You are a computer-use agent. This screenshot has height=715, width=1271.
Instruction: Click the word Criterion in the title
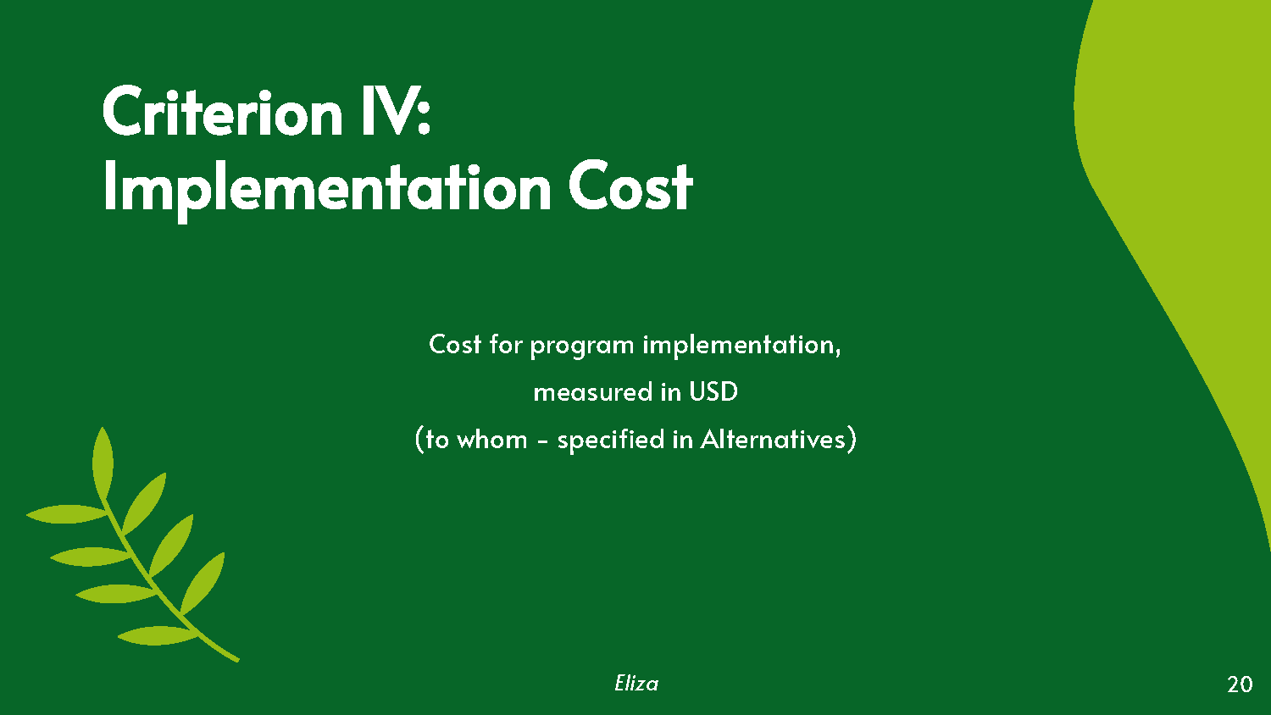click(x=222, y=112)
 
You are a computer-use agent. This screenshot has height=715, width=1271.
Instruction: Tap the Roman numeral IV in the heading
click(x=386, y=112)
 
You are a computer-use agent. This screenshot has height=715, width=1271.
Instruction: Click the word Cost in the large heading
click(x=630, y=188)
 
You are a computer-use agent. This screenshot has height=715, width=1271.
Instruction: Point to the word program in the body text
click(x=581, y=346)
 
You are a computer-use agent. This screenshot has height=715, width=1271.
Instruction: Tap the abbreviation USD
click(x=713, y=392)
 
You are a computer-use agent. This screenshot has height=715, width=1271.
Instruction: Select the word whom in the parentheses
click(x=491, y=440)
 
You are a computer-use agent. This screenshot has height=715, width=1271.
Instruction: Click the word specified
click(x=610, y=440)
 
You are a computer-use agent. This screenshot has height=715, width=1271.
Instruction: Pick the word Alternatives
click(x=773, y=440)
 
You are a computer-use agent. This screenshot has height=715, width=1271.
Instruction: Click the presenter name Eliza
click(x=636, y=684)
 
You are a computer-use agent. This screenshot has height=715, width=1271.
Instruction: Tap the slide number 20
click(x=1240, y=685)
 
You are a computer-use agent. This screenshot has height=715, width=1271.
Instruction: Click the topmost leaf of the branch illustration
click(x=102, y=462)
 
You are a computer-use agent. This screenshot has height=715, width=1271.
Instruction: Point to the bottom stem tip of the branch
click(x=235, y=658)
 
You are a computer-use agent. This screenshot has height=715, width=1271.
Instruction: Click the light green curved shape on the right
click(x=1169, y=169)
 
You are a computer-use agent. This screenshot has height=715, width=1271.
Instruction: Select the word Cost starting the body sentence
click(x=455, y=345)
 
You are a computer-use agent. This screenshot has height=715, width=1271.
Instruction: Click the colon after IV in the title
click(x=425, y=116)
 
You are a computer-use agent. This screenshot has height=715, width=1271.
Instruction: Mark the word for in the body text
click(x=506, y=345)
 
